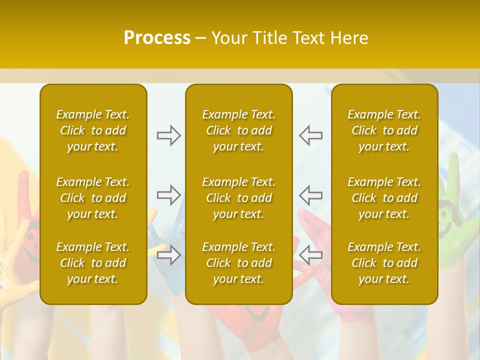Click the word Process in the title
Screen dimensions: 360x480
tap(157, 38)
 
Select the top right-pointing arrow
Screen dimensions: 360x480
tap(168, 135)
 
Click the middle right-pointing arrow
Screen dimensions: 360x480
tap(168, 194)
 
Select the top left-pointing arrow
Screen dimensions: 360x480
tap(310, 135)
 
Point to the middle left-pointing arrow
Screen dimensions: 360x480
tap(310, 194)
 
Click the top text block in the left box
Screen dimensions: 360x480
tap(93, 130)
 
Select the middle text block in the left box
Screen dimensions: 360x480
tap(93, 198)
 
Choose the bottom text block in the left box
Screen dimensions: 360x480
tap(93, 263)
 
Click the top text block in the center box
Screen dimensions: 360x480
tap(239, 130)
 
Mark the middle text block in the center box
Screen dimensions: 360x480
tap(239, 198)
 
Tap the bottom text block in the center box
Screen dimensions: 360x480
tap(239, 263)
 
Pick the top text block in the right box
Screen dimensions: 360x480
tap(384, 130)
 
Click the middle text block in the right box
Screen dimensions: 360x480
tap(384, 198)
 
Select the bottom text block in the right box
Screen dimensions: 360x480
tap(384, 263)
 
